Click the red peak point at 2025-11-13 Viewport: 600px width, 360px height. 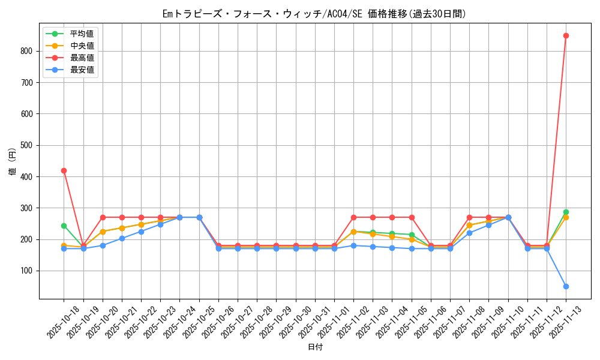566,35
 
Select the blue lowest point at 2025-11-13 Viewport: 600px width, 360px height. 566,286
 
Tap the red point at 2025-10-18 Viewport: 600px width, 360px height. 64,170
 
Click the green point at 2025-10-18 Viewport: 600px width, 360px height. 64,226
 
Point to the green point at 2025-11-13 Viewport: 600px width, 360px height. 566,212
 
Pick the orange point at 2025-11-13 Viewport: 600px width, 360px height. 566,217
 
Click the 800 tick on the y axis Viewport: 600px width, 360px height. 26,51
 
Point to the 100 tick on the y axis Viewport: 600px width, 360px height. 26,271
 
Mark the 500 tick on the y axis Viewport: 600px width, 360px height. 26,145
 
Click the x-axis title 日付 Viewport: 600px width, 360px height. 315,347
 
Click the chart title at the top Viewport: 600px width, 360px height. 314,13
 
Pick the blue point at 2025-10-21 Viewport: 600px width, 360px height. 122,238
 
